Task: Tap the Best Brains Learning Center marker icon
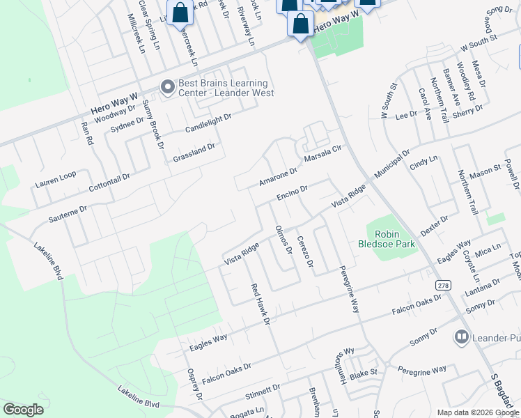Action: [167, 87]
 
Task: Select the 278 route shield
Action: [443, 286]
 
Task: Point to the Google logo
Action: [23, 409]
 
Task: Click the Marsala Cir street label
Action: [325, 153]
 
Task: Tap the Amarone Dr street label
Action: [278, 174]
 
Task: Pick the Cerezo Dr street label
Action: [304, 251]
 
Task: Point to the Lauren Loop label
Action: [56, 180]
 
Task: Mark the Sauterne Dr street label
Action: [68, 213]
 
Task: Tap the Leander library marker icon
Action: [460, 338]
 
